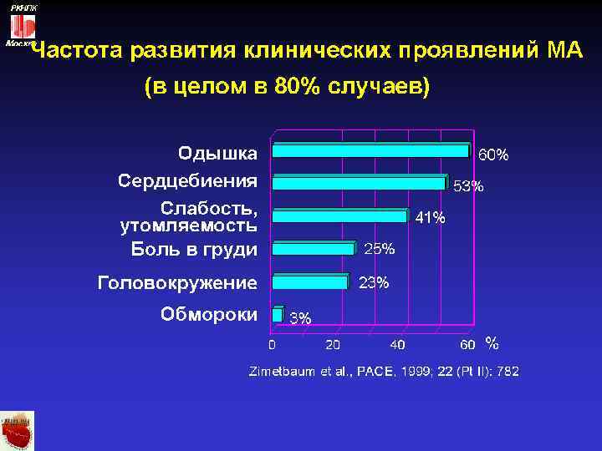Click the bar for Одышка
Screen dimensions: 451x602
click(x=371, y=150)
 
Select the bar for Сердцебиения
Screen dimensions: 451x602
click(x=360, y=183)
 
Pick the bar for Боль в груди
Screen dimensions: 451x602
click(x=314, y=248)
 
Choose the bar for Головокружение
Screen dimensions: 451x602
click(x=310, y=281)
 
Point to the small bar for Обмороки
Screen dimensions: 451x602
click(x=278, y=313)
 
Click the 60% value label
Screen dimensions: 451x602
click(x=492, y=155)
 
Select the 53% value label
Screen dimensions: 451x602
click(x=468, y=187)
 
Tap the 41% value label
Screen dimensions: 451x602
click(x=431, y=218)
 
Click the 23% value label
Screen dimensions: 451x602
click(x=374, y=282)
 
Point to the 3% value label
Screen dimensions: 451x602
click(x=300, y=317)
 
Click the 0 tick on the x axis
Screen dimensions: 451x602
click(x=271, y=344)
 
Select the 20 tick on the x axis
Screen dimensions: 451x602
click(x=333, y=344)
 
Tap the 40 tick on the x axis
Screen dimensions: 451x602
click(x=397, y=344)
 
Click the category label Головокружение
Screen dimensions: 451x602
click(x=177, y=282)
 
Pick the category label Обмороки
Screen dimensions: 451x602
click(x=208, y=314)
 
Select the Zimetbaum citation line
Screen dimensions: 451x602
click(x=384, y=371)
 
